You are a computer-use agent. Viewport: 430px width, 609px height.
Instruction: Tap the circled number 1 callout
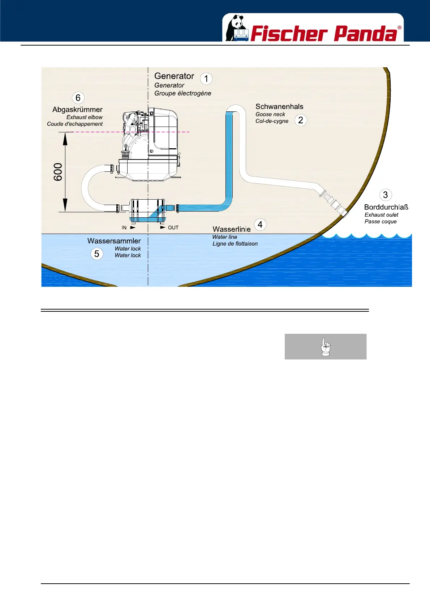(x=206, y=79)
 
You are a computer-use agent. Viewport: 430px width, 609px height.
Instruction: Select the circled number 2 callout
(x=300, y=120)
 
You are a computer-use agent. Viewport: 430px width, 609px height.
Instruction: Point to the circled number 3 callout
(x=385, y=195)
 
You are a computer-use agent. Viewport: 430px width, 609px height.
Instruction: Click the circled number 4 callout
(x=260, y=225)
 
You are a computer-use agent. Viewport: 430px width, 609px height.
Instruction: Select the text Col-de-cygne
(x=272, y=121)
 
